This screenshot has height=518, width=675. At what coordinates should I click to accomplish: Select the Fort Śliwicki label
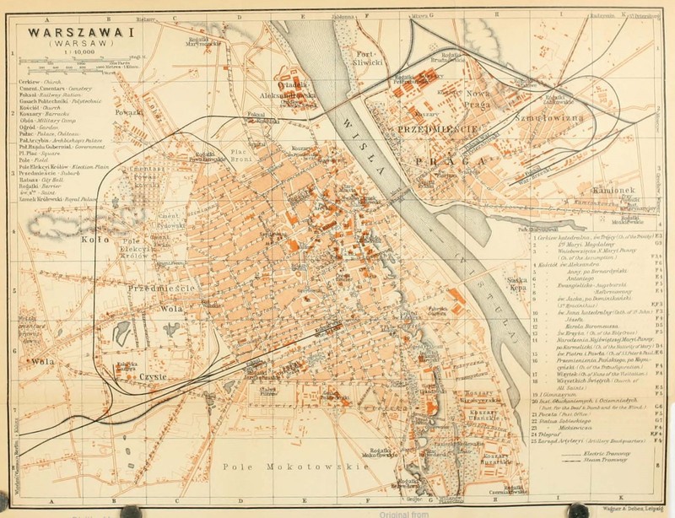(369, 56)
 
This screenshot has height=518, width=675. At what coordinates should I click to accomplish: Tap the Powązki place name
(130, 111)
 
